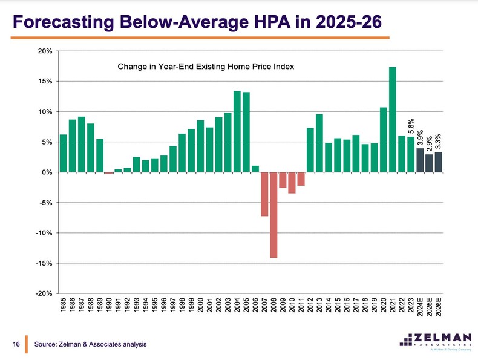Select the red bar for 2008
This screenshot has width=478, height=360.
pyautogui.click(x=273, y=215)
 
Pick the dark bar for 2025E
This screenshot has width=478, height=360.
pyautogui.click(x=429, y=163)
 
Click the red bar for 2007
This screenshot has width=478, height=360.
pyautogui.click(x=264, y=194)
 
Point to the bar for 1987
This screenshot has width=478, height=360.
pyautogui.click(x=81, y=145)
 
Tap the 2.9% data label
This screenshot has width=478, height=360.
pyautogui.click(x=430, y=143)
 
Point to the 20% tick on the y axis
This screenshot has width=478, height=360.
pyautogui.click(x=46, y=51)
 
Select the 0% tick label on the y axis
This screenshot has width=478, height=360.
pyautogui.click(x=48, y=172)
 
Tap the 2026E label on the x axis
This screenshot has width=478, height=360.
pyautogui.click(x=439, y=309)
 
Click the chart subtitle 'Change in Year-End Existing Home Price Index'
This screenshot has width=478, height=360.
pyautogui.click(x=206, y=67)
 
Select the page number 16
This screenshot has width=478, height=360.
pyautogui.click(x=17, y=344)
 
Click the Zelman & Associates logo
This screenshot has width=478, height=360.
pyautogui.click(x=433, y=341)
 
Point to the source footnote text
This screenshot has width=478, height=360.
pyautogui.click(x=90, y=344)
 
